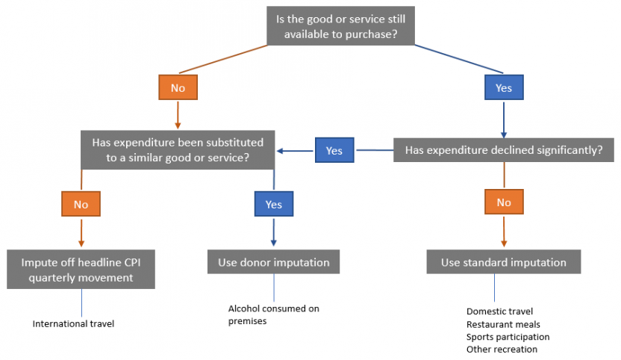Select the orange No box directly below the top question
pyautogui.click(x=178, y=87)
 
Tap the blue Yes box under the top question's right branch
pyautogui.click(x=504, y=87)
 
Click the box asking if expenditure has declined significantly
pyautogui.click(x=504, y=150)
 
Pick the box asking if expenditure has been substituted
pyautogui.click(x=178, y=149)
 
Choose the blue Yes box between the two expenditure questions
pyautogui.click(x=334, y=150)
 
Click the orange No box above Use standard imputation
pyautogui.click(x=504, y=202)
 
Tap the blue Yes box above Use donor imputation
pyautogui.click(x=274, y=204)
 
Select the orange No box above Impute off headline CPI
pyautogui.click(x=81, y=203)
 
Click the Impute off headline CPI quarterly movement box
pyautogui.click(x=81, y=270)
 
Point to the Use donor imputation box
pyautogui.click(x=274, y=262)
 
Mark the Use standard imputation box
pyautogui.click(x=503, y=262)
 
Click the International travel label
pyautogui.click(x=73, y=324)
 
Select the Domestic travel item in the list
pyautogui.click(x=499, y=311)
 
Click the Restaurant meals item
pyautogui.click(x=503, y=324)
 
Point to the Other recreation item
pyautogui.click(x=502, y=349)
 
